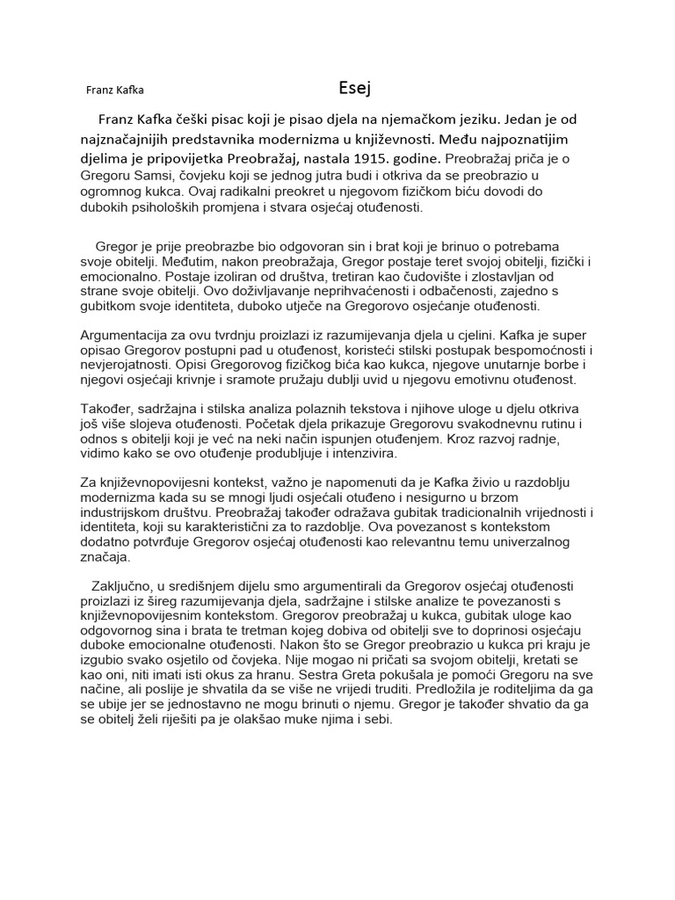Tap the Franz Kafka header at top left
(115, 90)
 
